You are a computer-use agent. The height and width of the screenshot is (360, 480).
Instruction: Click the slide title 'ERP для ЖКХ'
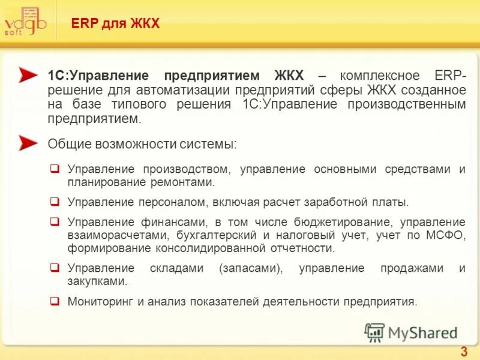tap(115, 24)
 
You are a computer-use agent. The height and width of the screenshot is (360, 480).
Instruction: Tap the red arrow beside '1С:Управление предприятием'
tap(28, 75)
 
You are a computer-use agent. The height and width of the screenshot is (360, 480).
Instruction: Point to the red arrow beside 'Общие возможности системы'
tap(28, 143)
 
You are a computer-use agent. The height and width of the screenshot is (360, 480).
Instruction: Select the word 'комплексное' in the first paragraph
tap(379, 76)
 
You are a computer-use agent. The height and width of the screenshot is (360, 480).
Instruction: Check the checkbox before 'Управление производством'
tap(55, 169)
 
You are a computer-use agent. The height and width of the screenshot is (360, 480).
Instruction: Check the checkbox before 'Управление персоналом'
tap(55, 202)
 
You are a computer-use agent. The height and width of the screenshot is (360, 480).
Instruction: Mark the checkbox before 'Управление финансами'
tap(55, 221)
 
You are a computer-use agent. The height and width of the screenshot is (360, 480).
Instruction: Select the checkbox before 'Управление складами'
tap(55, 268)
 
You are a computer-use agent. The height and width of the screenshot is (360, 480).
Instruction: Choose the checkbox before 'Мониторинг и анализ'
tap(55, 301)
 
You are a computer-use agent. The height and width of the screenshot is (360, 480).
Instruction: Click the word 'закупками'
tap(97, 281)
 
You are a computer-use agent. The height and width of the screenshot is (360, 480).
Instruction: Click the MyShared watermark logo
tap(412, 332)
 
